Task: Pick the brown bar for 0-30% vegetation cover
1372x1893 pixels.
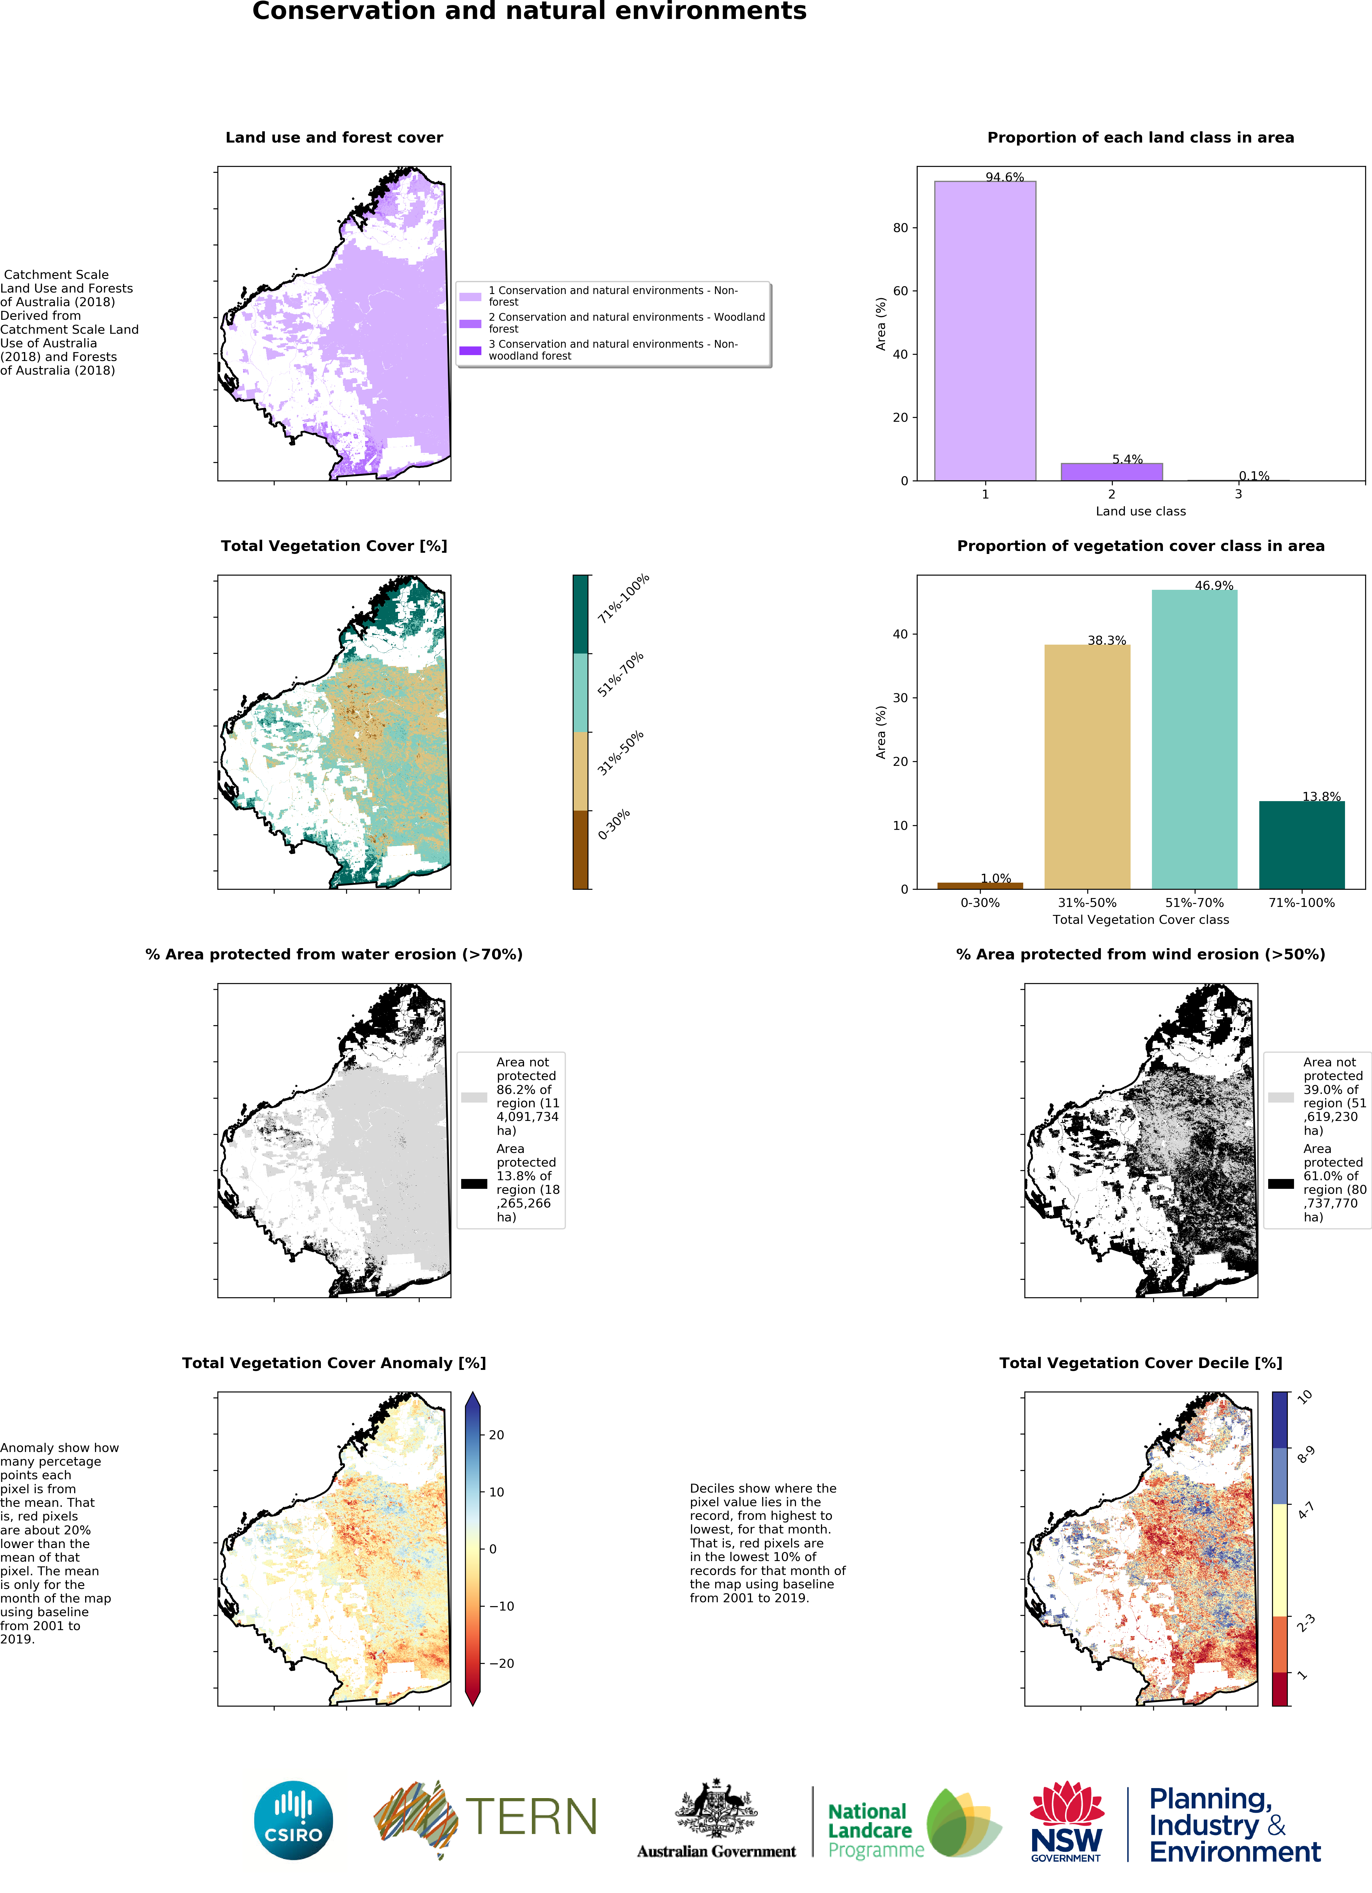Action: pyautogui.click(x=980, y=886)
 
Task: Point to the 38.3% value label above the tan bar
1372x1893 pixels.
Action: pyautogui.click(x=1107, y=640)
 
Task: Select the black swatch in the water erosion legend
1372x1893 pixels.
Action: pyautogui.click(x=474, y=1183)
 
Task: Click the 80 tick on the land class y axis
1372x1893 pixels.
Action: pyautogui.click(x=900, y=228)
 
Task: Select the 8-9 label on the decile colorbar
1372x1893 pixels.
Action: pyautogui.click(x=1306, y=1455)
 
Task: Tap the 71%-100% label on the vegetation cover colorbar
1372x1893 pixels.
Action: pyautogui.click(x=623, y=598)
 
